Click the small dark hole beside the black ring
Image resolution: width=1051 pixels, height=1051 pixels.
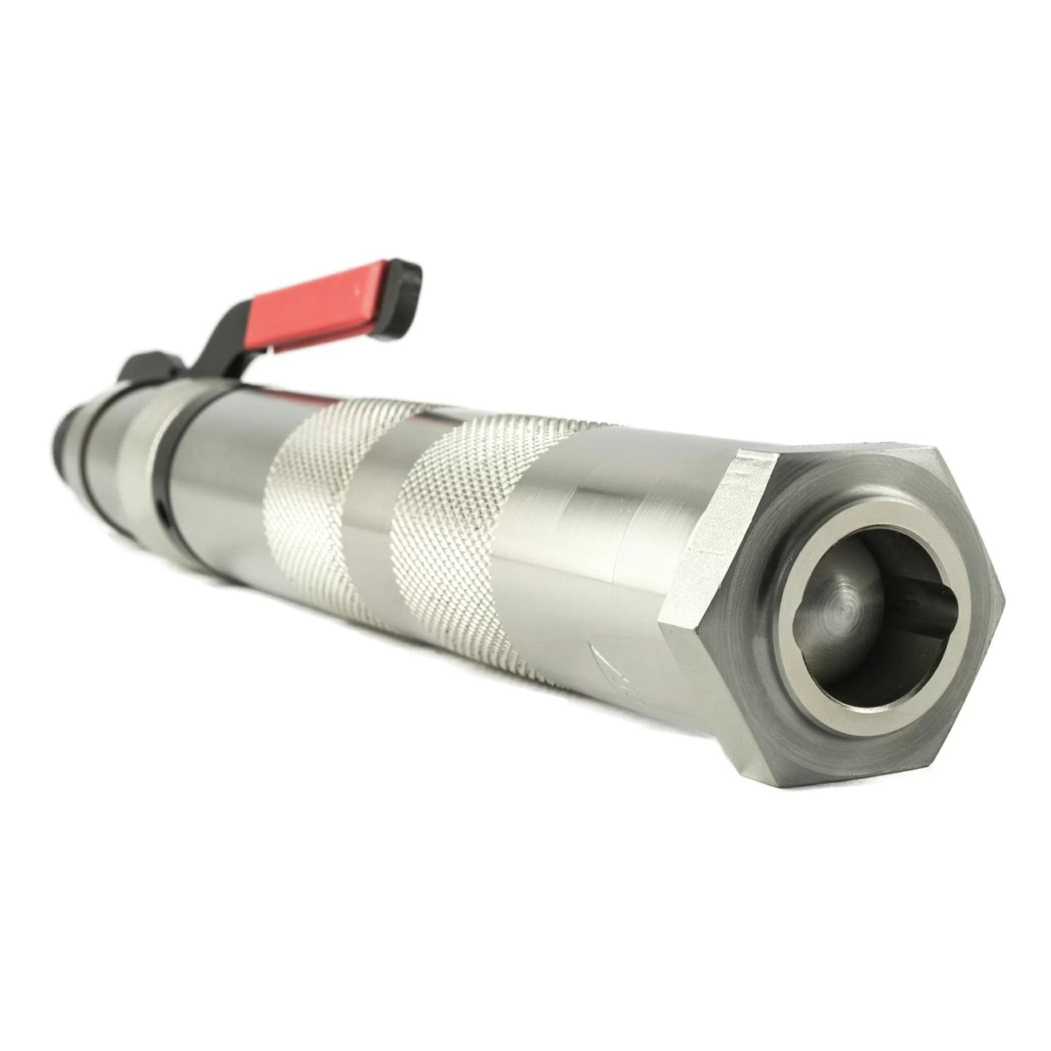click(163, 509)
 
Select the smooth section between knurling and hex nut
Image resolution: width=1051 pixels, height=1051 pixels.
click(588, 544)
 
